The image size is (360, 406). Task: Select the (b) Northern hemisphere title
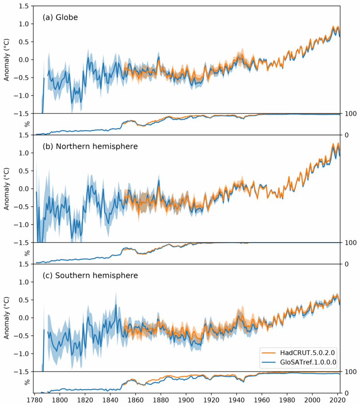(90, 146)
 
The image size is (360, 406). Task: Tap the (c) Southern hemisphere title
(90, 275)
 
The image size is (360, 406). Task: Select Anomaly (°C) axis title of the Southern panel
(7, 318)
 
